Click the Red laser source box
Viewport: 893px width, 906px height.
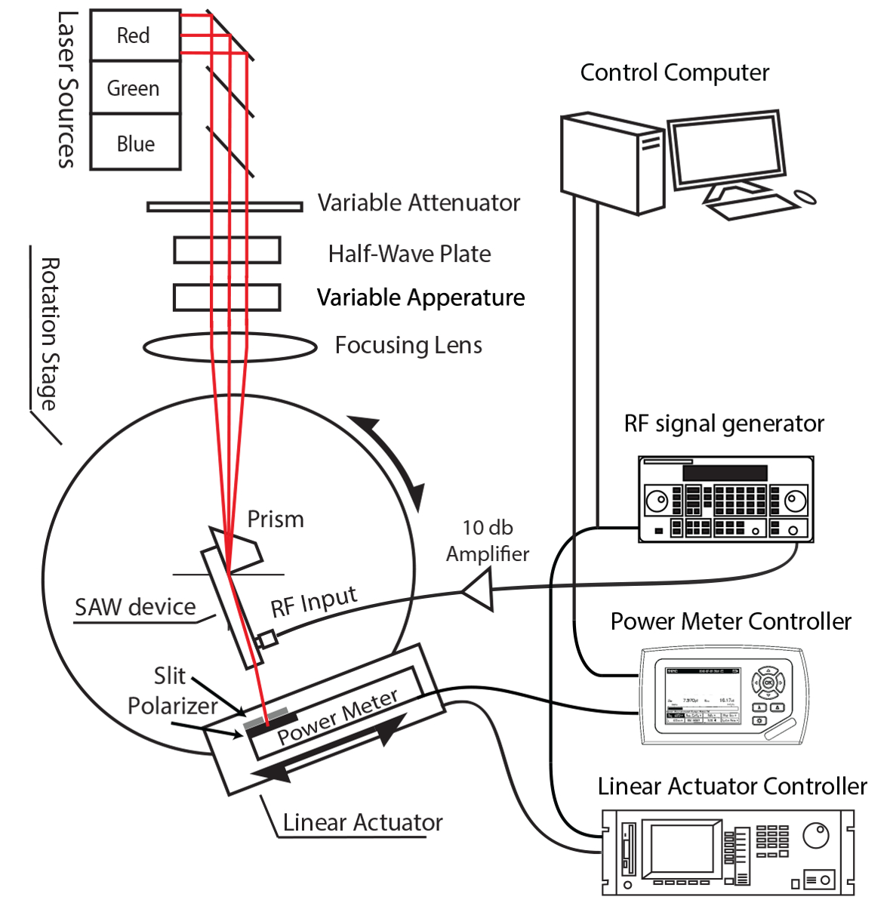tap(134, 35)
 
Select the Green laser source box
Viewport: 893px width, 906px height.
tap(134, 88)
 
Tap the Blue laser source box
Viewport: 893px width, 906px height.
tap(134, 143)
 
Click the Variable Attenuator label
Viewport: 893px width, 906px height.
tap(418, 203)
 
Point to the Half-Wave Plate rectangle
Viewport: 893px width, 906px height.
tap(226, 251)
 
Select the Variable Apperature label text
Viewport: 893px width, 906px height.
tap(420, 297)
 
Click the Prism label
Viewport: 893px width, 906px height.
tap(276, 519)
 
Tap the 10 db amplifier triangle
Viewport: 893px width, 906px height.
tap(481, 590)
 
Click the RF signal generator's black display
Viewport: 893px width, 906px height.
tap(725, 473)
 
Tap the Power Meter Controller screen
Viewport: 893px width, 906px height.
tap(701, 695)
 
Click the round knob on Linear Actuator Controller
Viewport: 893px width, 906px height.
tap(816, 836)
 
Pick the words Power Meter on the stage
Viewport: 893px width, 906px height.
tap(337, 716)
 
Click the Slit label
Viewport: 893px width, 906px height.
tap(169, 675)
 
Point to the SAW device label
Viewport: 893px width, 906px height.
tap(135, 607)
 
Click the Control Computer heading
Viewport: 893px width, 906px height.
tap(674, 72)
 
